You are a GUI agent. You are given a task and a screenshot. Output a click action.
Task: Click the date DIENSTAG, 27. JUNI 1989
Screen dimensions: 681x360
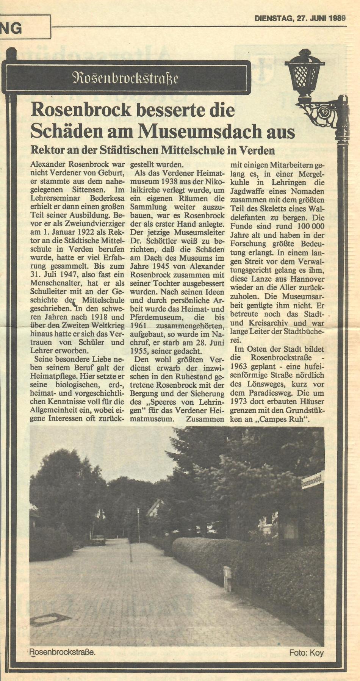click(x=299, y=18)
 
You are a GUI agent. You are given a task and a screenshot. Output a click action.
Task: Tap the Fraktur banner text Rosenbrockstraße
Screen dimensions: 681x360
click(x=125, y=78)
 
